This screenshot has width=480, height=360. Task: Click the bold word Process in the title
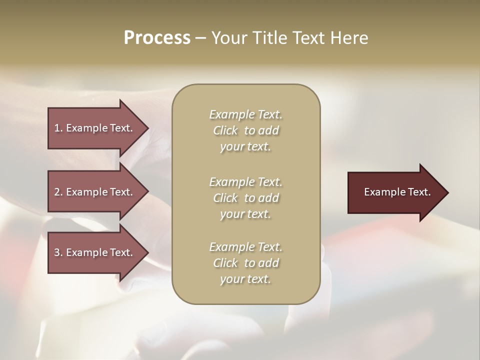[157, 38]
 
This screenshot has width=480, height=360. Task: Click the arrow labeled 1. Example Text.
[95, 128]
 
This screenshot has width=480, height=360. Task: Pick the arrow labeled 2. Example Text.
[95, 192]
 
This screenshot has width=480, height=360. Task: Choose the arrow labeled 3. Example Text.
[95, 252]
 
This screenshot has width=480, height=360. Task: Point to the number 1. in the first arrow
[58, 128]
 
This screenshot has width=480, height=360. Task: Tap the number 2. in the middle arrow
[58, 192]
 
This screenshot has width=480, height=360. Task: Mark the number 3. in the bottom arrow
[58, 252]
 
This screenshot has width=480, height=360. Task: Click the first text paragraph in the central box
[245, 130]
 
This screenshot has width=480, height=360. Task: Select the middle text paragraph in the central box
[245, 198]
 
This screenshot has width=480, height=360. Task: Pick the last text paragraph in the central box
[245, 263]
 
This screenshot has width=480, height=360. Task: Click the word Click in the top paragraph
[225, 130]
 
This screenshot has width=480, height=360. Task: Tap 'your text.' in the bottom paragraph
[245, 279]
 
